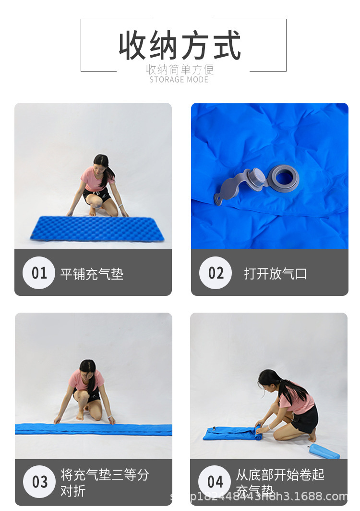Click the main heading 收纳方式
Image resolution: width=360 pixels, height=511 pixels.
[180, 46]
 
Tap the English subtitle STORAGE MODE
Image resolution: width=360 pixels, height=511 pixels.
[179, 80]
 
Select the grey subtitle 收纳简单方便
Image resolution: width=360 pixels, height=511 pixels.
[180, 69]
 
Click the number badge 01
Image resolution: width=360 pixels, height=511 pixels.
[39, 273]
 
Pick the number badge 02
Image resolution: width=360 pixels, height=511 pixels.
[216, 273]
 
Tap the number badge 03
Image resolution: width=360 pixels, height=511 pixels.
[39, 482]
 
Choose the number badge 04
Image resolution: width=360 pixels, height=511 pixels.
[215, 482]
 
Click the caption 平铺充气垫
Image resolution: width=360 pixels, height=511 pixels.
[92, 274]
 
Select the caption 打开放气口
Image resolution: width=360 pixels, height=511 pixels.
[275, 274]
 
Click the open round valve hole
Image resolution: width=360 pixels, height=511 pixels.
[283, 177]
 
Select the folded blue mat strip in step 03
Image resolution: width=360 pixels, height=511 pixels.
[93, 429]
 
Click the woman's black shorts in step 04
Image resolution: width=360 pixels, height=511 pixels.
[306, 417]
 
